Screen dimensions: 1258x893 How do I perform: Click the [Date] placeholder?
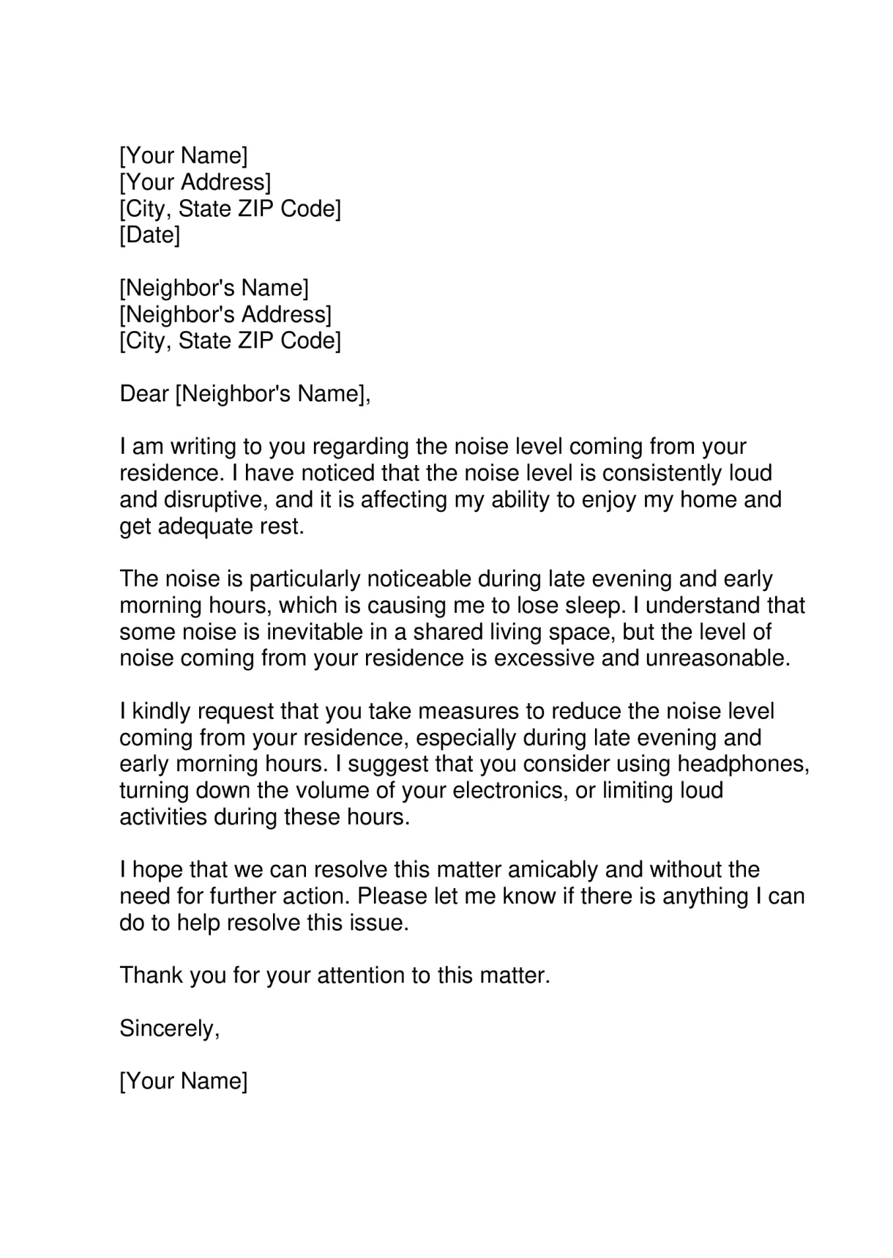(149, 236)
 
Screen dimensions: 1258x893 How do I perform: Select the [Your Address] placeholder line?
(195, 182)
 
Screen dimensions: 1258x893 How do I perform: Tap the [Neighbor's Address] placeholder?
(225, 315)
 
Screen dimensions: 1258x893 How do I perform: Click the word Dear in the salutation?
(144, 394)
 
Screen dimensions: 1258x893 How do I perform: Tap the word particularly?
(304, 579)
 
